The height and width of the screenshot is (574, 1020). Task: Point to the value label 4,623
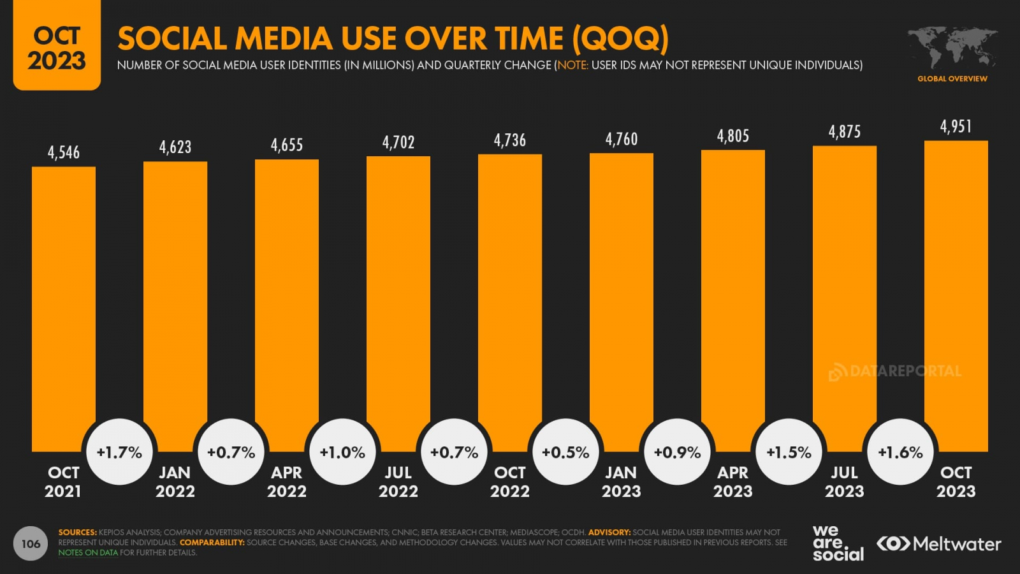click(175, 147)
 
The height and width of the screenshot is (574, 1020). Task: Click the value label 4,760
click(622, 139)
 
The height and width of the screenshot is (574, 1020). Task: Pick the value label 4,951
click(956, 126)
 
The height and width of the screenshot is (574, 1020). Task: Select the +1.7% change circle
click(119, 452)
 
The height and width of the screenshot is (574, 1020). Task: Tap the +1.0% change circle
click(342, 452)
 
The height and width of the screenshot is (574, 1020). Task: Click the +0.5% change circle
click(565, 452)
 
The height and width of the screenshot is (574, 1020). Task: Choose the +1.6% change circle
click(900, 452)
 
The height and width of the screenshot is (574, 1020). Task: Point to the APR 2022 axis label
click(287, 482)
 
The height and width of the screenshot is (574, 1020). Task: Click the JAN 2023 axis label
click(622, 482)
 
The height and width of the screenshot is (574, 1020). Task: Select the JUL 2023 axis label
click(845, 482)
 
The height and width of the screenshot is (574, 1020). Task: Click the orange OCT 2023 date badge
click(57, 48)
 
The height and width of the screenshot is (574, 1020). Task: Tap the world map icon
click(952, 47)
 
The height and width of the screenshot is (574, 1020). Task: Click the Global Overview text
click(952, 78)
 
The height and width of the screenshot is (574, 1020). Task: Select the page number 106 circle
click(31, 543)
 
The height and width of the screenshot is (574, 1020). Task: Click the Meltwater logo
click(938, 543)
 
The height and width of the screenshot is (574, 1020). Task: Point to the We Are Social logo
click(838, 543)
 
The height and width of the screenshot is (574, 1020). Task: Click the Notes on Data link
click(88, 553)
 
